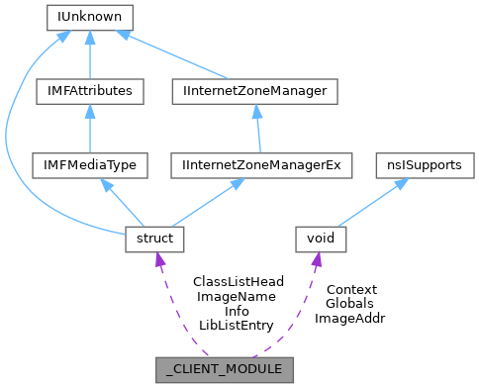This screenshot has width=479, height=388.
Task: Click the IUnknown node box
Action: tap(90, 17)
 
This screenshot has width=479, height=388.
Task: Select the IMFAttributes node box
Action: tap(90, 91)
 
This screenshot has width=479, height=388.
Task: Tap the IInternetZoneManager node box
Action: tap(255, 91)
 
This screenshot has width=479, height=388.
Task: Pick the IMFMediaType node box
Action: tap(90, 165)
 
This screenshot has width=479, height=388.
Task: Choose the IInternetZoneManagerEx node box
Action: tap(261, 165)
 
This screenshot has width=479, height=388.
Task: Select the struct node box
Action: tap(148, 239)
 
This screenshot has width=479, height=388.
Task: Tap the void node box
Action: tap(320, 239)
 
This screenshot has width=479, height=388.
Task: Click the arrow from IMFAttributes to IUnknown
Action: tap(90, 54)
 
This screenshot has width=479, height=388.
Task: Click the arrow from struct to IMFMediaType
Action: tap(119, 202)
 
